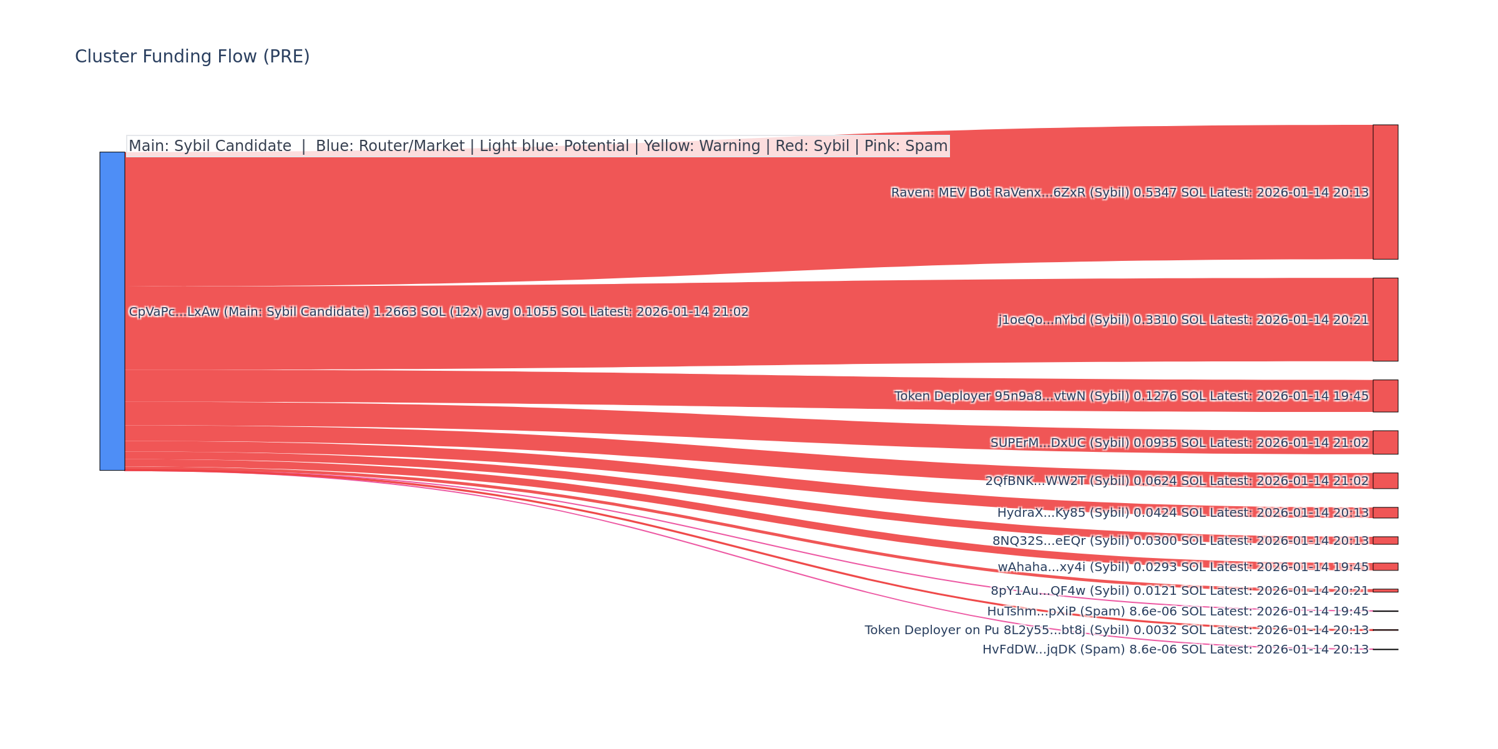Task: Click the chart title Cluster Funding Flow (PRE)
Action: [192, 57]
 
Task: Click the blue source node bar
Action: [112, 311]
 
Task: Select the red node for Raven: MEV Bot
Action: [1385, 192]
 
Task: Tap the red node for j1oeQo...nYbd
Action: [1385, 320]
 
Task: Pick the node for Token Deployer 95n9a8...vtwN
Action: [1385, 396]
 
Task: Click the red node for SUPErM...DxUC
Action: [1385, 443]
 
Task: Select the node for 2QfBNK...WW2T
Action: [1385, 481]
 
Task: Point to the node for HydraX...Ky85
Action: [1385, 512]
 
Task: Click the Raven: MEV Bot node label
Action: [1130, 193]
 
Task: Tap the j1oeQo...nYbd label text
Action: [1183, 320]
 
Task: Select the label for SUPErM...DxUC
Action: [1180, 443]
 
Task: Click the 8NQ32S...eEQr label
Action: [1180, 541]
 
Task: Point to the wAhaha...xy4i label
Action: [1183, 567]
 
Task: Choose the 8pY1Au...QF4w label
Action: [1180, 591]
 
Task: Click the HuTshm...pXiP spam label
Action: [1178, 612]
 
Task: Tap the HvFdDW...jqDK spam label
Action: [1175, 650]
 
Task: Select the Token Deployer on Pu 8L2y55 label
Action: [1117, 630]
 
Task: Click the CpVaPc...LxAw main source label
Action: [438, 312]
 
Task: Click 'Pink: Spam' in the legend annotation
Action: [906, 146]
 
